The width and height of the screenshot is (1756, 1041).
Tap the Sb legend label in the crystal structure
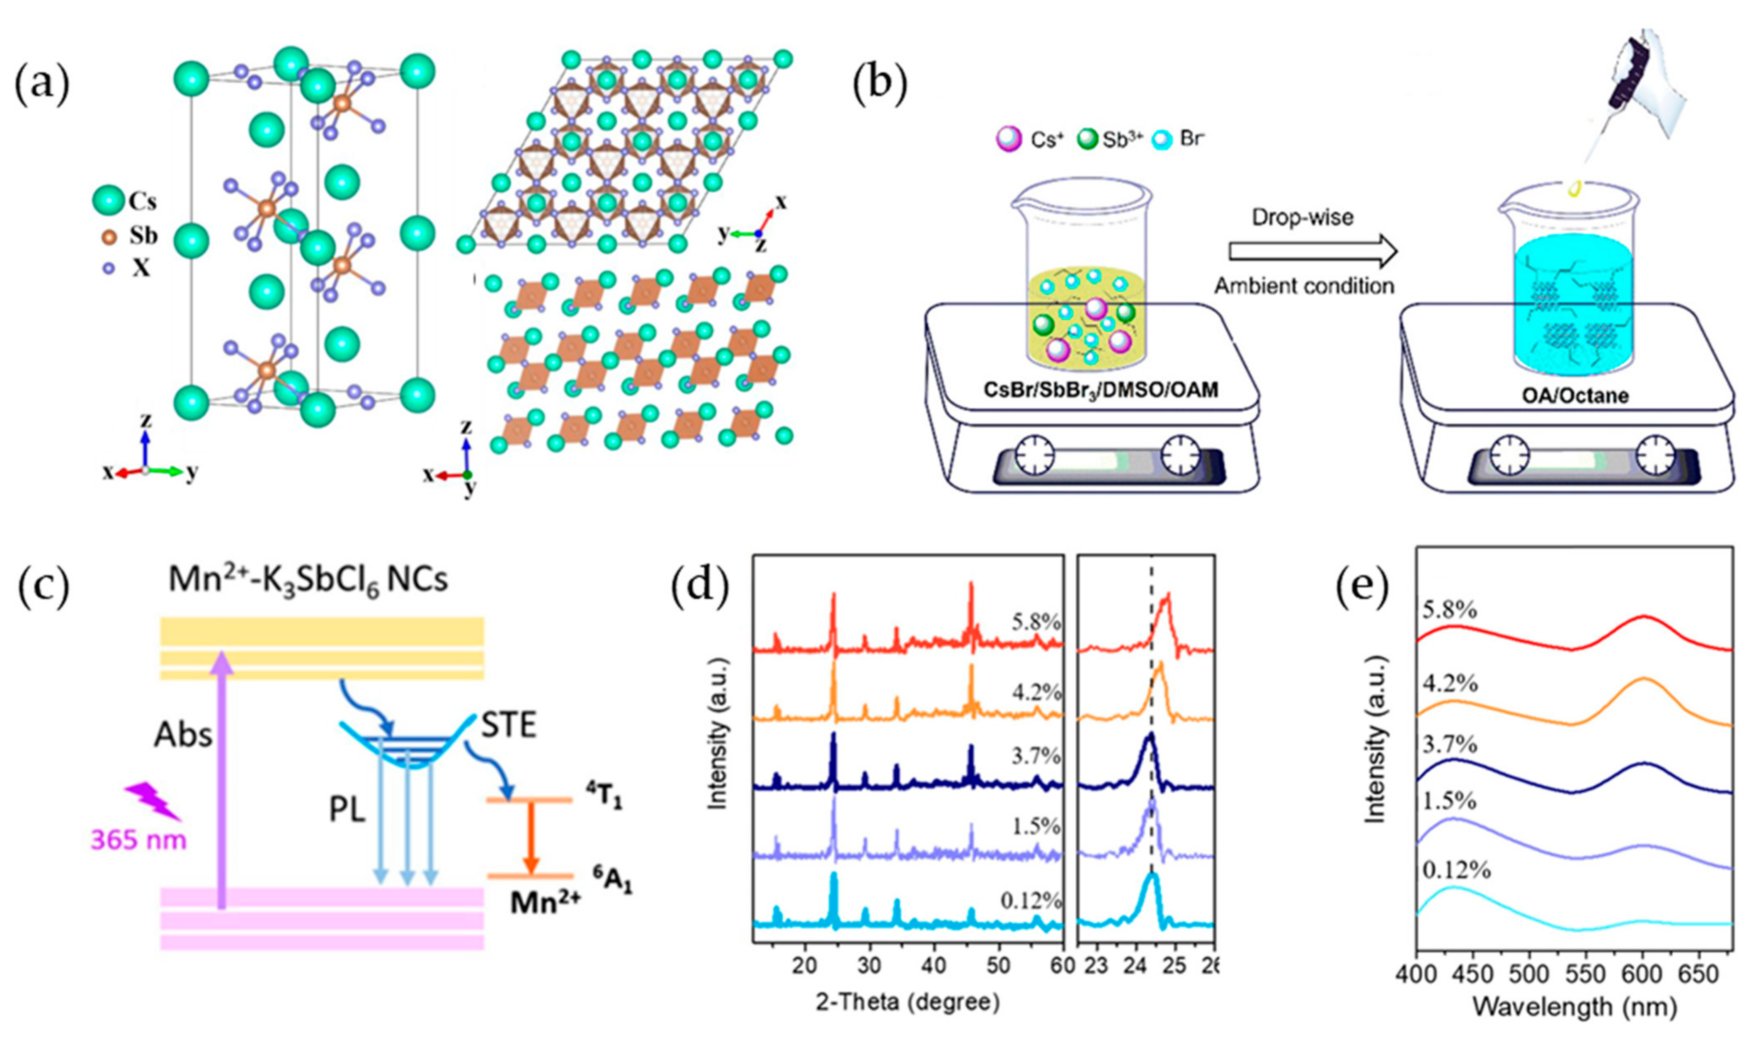(x=143, y=236)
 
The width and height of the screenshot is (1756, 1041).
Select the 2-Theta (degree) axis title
(x=907, y=1002)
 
